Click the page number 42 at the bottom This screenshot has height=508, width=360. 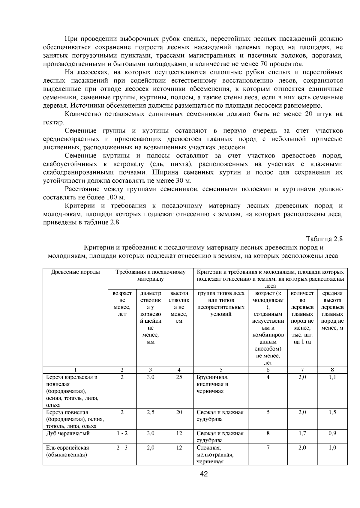(x=204, y=474)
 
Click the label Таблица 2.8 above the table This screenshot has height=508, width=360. (x=324, y=239)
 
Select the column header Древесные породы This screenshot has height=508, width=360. (x=75, y=272)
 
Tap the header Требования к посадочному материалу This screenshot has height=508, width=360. (x=150, y=276)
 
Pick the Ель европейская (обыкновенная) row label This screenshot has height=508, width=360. (x=67, y=451)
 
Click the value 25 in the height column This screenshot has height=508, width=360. (x=179, y=377)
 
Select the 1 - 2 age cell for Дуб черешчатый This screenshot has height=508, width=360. (x=122, y=433)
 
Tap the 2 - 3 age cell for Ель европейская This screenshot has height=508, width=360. (x=122, y=448)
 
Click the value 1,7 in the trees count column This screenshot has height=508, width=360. (x=302, y=433)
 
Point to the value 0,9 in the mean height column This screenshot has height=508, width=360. (x=332, y=433)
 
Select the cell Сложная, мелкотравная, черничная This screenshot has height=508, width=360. (x=215, y=455)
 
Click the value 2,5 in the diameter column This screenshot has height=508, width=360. (x=151, y=412)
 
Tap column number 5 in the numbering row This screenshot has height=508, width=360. (x=221, y=370)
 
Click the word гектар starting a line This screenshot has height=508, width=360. (x=53, y=123)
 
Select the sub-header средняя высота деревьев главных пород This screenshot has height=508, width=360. (x=332, y=311)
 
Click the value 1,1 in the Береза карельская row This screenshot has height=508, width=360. (x=332, y=377)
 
